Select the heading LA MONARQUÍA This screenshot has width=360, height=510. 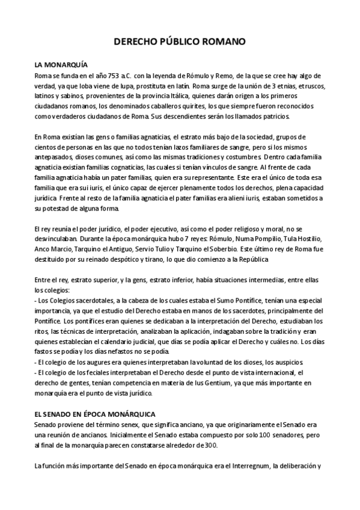59,64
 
